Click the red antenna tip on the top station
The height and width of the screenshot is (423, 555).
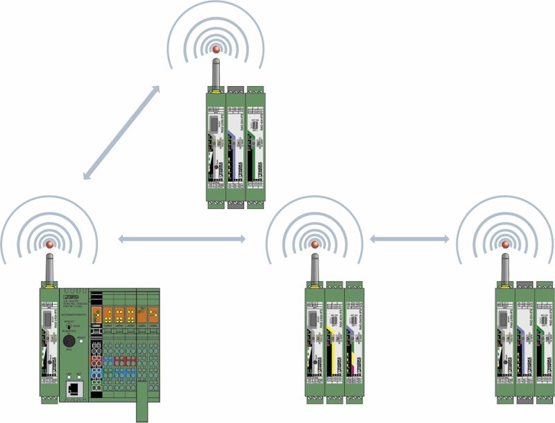[216, 49]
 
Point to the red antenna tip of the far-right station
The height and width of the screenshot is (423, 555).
[504, 244]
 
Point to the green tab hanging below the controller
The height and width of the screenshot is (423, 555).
[143, 410]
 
